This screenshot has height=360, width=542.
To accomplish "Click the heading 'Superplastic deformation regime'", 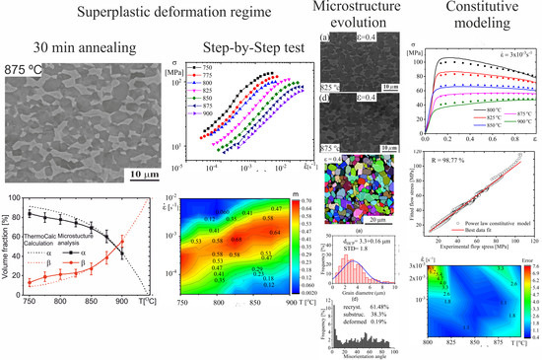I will pyautogui.click(x=154, y=14).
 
